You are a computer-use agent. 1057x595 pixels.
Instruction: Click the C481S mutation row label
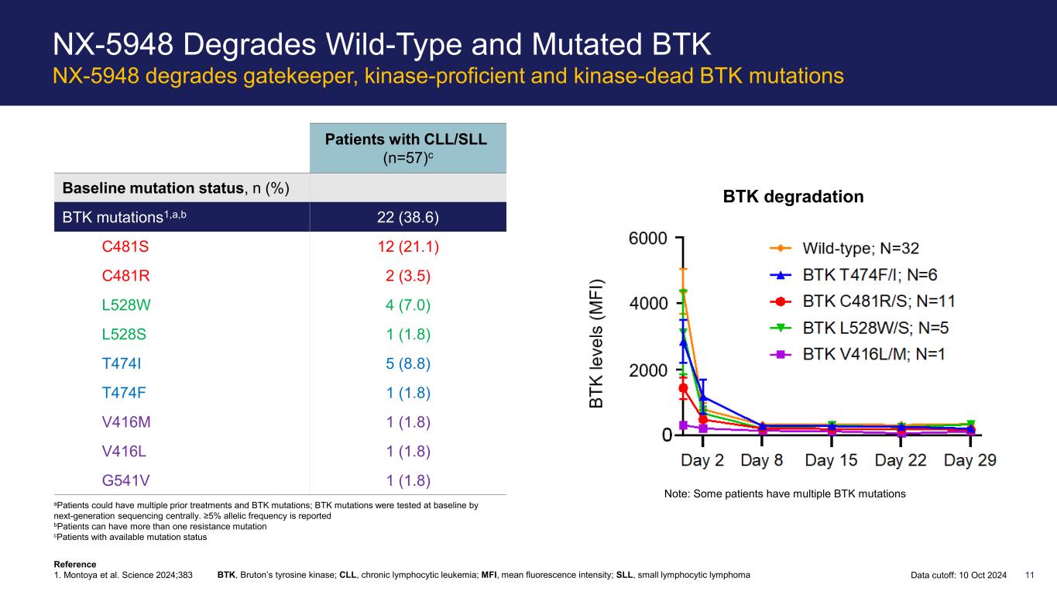click(125, 246)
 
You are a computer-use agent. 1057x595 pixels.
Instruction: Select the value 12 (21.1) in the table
click(408, 246)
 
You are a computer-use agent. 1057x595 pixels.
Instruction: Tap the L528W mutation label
click(126, 305)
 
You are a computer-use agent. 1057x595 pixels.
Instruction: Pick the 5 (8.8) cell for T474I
click(408, 363)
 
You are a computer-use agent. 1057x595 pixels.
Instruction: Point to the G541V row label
click(125, 480)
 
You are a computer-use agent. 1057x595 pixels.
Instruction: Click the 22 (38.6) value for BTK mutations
click(408, 217)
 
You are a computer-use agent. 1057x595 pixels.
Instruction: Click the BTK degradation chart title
click(793, 197)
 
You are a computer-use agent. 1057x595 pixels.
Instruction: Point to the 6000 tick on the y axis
click(648, 239)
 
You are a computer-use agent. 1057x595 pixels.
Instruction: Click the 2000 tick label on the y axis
click(648, 370)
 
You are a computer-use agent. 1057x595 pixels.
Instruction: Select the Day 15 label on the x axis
click(831, 460)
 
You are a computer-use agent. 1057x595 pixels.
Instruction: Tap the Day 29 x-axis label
click(969, 460)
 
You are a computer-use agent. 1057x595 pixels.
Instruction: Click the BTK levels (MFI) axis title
click(596, 344)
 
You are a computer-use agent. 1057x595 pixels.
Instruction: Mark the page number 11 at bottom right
click(1030, 575)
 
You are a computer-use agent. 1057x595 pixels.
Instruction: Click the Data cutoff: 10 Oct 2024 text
click(959, 575)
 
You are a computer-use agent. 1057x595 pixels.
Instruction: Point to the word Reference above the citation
click(75, 564)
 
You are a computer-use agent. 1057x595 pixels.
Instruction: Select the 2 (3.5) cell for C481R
click(408, 276)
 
